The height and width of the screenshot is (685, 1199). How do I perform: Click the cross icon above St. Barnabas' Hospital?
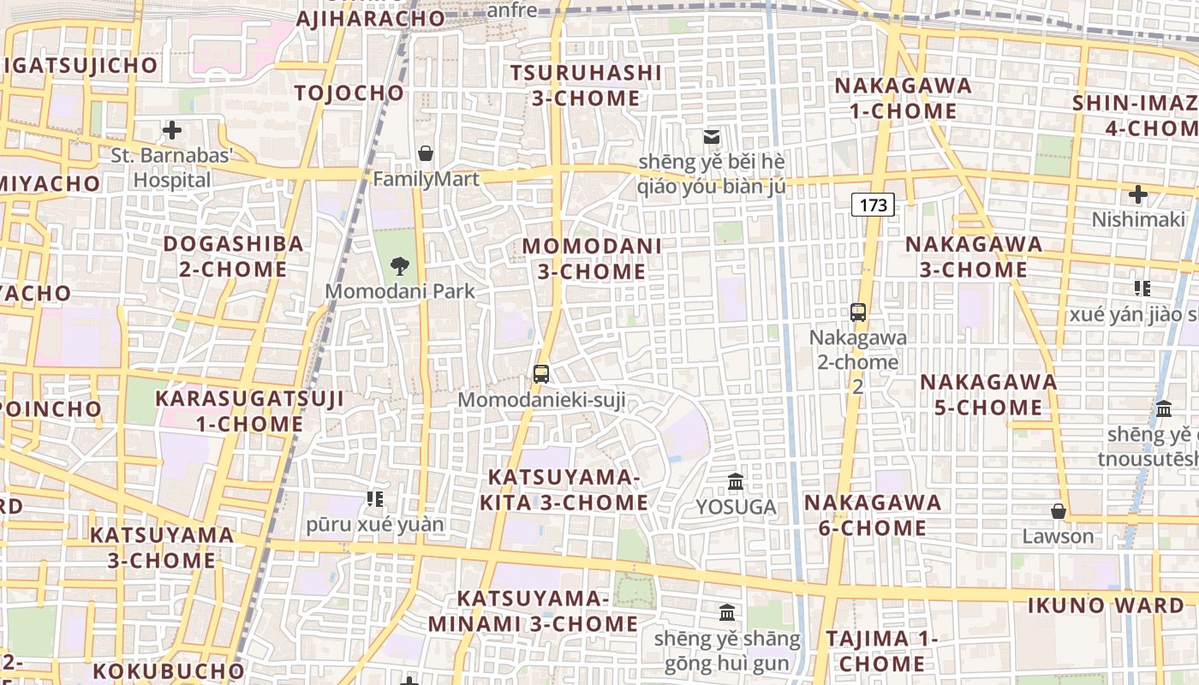(172, 131)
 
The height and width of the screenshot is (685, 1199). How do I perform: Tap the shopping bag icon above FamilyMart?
(425, 153)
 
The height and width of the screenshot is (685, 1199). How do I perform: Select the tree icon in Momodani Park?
(399, 265)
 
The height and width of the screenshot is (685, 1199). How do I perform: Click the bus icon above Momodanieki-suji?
(541, 373)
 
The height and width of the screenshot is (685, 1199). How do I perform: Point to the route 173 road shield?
(873, 205)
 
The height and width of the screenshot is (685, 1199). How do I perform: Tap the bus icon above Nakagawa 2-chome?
(858, 312)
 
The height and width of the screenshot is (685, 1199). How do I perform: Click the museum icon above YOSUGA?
(736, 482)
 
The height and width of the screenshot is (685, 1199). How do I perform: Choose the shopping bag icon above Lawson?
(1059, 511)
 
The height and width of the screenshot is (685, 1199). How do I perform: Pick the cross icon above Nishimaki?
(1137, 194)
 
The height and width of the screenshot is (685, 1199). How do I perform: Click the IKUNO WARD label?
(1106, 605)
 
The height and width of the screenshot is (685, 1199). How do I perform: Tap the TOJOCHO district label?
(349, 92)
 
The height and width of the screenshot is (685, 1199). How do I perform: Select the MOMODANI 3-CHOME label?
(592, 259)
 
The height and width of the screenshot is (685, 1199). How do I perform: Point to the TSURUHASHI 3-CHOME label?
(586, 86)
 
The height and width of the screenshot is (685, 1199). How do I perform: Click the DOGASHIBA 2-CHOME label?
(233, 256)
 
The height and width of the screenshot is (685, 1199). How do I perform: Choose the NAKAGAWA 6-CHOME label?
(873, 515)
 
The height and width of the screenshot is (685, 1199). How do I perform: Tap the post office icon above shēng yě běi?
(711, 137)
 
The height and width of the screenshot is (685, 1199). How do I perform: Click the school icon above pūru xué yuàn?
(374, 498)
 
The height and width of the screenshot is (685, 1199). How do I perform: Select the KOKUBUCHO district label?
(169, 670)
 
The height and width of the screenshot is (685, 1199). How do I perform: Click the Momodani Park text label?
(399, 291)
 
